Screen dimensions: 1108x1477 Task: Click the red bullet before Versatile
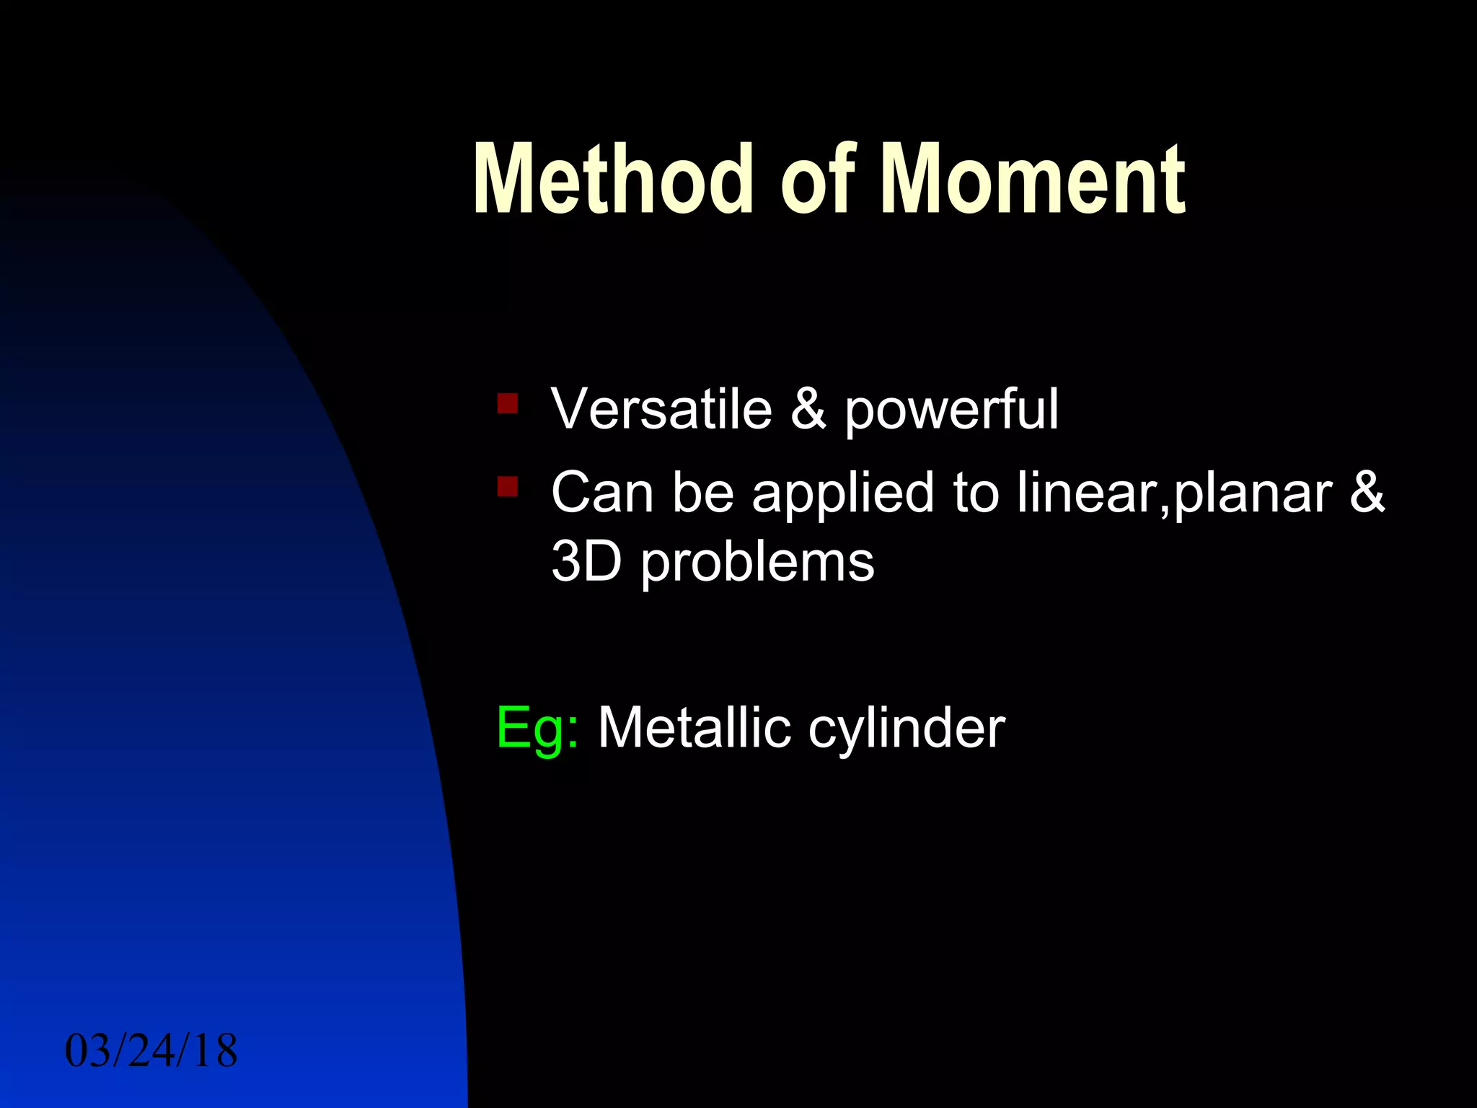pos(508,403)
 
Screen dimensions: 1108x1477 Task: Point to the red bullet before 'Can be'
pos(508,486)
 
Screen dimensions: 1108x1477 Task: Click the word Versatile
pos(661,409)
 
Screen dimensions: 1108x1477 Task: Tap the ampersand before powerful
pos(808,409)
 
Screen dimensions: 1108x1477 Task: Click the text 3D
pos(586,562)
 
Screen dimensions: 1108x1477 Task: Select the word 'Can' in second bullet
pos(602,493)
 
